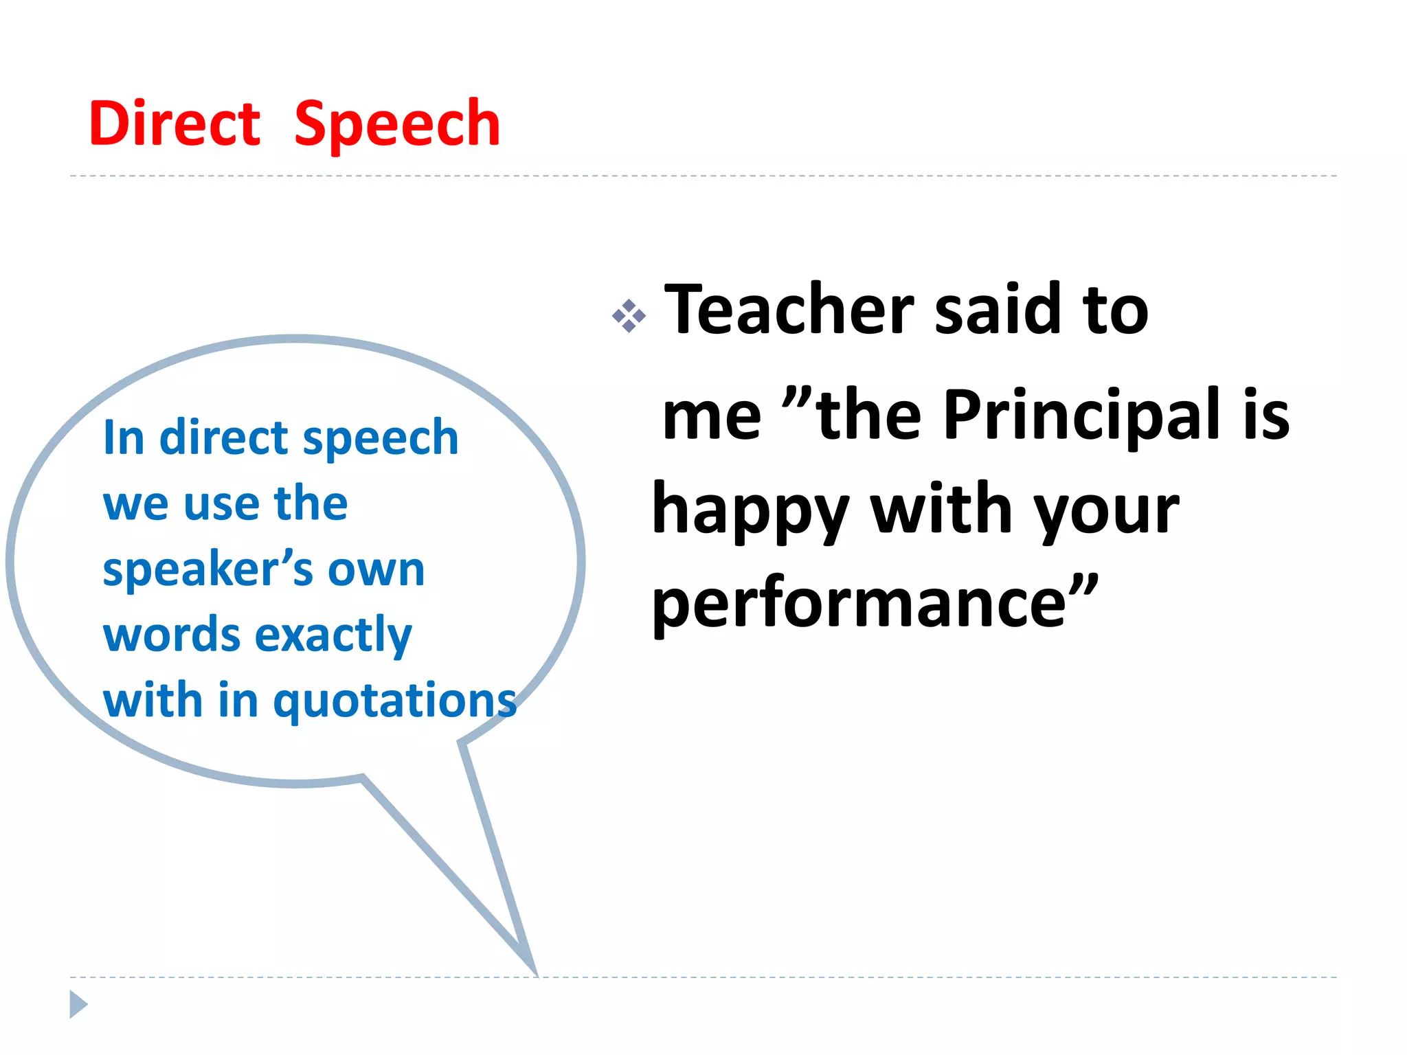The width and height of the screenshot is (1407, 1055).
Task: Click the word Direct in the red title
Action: [175, 124]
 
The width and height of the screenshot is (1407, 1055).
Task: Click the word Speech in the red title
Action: [397, 125]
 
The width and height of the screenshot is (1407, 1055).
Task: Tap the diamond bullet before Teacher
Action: [629, 317]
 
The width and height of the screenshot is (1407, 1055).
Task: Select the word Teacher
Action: [789, 310]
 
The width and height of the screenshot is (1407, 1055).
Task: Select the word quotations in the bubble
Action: [394, 702]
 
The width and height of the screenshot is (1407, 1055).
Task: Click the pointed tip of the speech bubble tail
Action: [534, 971]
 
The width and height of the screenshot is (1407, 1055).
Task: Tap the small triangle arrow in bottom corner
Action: [78, 1004]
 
